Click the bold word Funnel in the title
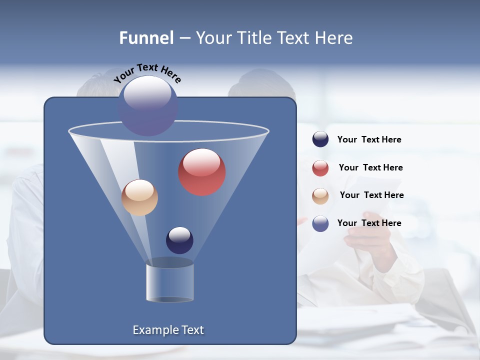(146, 38)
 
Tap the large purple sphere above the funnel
(148, 105)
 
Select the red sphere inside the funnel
(202, 172)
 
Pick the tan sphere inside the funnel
(139, 197)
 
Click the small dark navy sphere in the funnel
(179, 240)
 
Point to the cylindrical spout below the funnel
(170, 282)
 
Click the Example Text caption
(168, 330)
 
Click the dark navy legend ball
(320, 139)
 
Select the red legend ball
(320, 168)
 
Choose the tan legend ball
(320, 196)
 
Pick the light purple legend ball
(320, 223)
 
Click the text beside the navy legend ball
(369, 140)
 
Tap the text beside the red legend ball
(370, 168)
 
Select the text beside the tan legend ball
(371, 195)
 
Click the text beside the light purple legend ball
(369, 223)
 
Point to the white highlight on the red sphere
(201, 163)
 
